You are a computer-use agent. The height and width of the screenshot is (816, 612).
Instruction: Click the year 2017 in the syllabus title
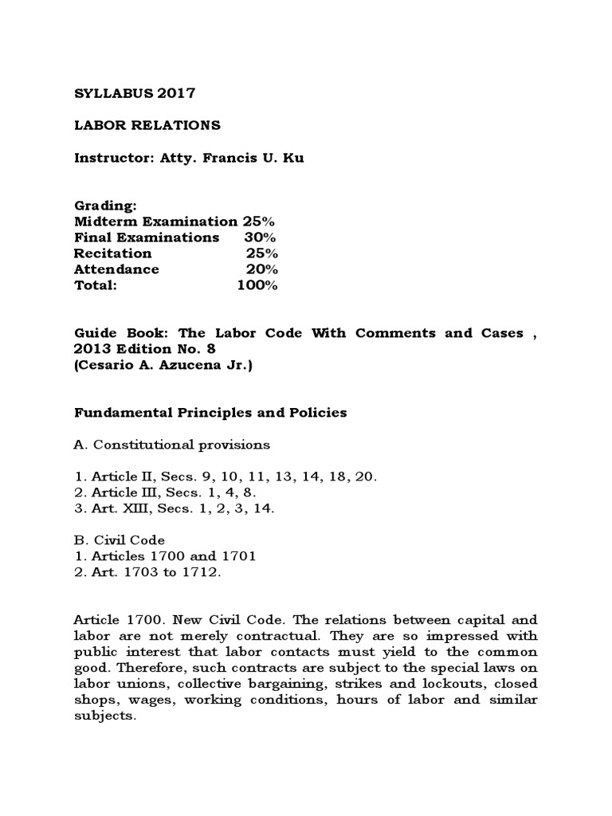coord(176,93)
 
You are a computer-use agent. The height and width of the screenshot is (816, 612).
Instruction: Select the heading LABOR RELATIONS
coord(147,125)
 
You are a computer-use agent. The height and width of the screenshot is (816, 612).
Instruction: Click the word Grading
coord(105,206)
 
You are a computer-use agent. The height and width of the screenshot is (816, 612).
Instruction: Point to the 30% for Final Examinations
coord(261,237)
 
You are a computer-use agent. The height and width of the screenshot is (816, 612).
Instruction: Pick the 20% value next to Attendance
coord(261,269)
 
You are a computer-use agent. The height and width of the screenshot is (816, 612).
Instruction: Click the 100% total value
coord(257,285)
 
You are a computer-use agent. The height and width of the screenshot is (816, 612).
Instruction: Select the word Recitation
coord(112,253)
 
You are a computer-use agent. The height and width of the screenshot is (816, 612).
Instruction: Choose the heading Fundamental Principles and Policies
coord(210,412)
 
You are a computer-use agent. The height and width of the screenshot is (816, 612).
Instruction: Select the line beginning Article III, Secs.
coord(167,492)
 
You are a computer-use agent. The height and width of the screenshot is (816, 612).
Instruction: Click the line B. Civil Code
coord(120,540)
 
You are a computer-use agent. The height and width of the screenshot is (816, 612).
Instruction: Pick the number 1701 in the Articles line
coord(237,556)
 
